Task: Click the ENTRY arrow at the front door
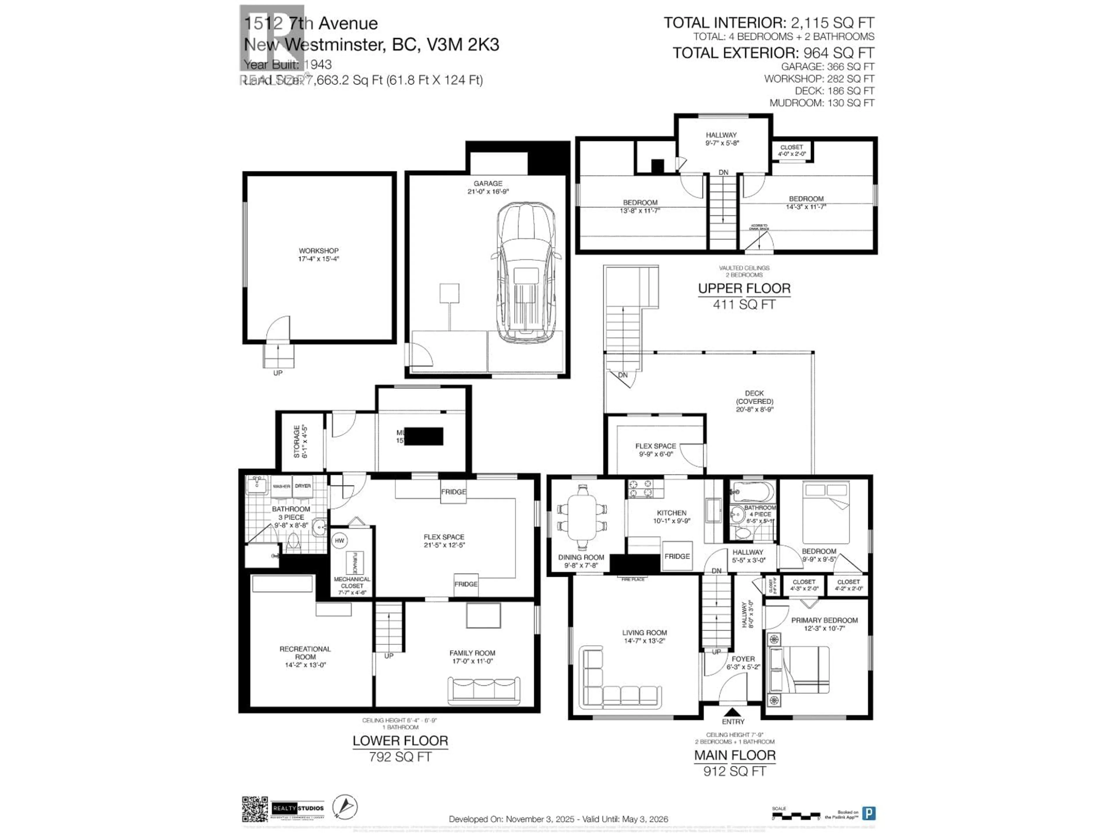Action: click(733, 712)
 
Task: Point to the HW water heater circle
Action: click(339, 541)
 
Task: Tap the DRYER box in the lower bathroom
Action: click(303, 487)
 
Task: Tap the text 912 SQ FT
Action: click(734, 771)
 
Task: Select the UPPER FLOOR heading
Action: click(744, 288)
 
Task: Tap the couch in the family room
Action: click(484, 690)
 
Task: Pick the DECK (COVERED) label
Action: click(755, 401)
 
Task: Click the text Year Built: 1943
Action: click(288, 65)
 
